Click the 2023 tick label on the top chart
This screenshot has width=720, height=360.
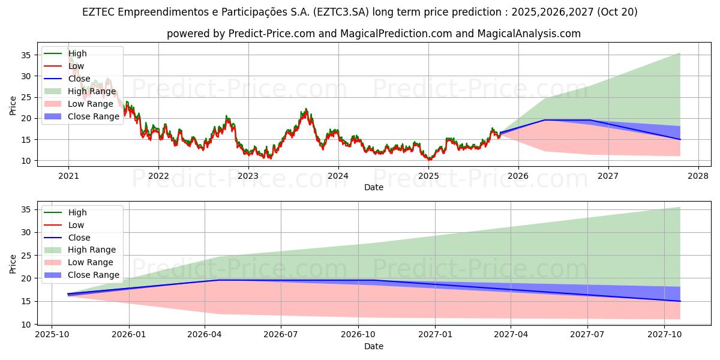(x=248, y=176)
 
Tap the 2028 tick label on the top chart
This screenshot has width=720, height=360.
(x=698, y=176)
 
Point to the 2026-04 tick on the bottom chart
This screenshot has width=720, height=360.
(x=205, y=334)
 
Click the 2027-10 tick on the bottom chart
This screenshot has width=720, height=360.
(x=665, y=334)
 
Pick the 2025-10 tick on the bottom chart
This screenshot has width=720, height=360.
(x=52, y=334)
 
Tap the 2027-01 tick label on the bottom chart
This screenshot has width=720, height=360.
(x=435, y=334)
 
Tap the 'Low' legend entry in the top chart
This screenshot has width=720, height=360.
(x=76, y=66)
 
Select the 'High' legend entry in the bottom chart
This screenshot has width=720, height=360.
(x=77, y=212)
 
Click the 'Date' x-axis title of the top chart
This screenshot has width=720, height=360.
(x=374, y=188)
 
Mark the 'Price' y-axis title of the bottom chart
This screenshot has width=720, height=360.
(x=13, y=263)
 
